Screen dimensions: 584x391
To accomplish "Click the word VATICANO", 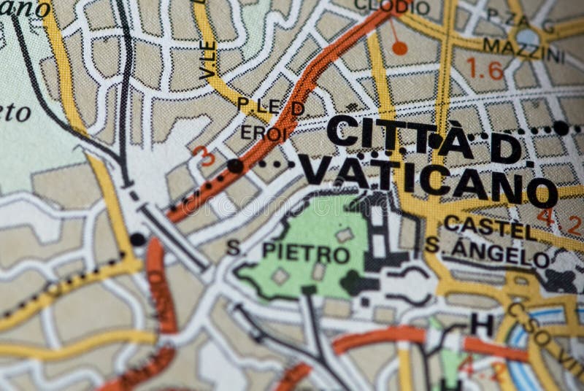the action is (x=427, y=179).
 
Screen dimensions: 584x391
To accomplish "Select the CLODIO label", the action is (x=391, y=7).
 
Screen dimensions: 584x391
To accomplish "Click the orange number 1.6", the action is (x=485, y=71).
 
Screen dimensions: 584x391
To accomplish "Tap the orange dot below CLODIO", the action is (x=399, y=48).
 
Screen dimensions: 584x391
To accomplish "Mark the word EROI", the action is (x=264, y=134).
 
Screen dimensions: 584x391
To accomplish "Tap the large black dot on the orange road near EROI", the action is (x=235, y=166).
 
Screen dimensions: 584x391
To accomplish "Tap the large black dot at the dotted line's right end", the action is (x=560, y=128).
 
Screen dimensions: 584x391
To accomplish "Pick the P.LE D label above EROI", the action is (x=261, y=107).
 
